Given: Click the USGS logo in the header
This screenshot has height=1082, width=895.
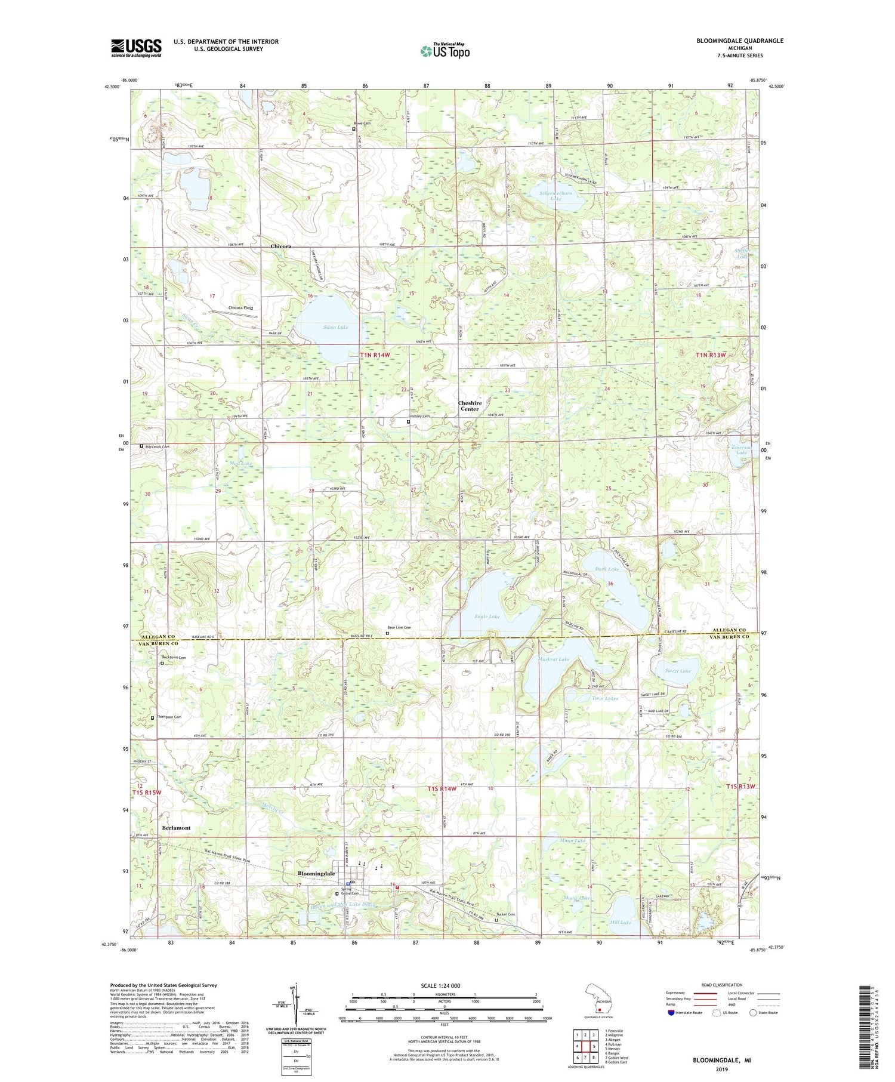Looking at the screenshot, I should coord(136,48).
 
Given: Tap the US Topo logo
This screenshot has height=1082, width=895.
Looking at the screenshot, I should coord(445,51).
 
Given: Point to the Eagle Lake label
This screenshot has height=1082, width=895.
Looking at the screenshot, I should coord(487,616).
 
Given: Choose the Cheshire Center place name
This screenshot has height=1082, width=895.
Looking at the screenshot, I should coord(469,406).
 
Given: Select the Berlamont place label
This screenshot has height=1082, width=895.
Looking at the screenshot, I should coord(176,828).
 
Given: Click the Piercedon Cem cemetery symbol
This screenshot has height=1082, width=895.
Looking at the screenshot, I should coord(141,446).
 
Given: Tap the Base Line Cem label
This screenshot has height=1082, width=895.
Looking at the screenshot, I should coord(399,628).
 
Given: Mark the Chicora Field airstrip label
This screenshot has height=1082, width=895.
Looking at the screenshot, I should coord(241,308).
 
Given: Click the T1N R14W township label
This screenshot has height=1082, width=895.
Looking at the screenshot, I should coord(375,355).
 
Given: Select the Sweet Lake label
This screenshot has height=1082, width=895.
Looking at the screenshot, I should coord(678,671).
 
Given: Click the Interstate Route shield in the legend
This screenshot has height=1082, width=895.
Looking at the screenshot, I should coord(671,1013).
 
